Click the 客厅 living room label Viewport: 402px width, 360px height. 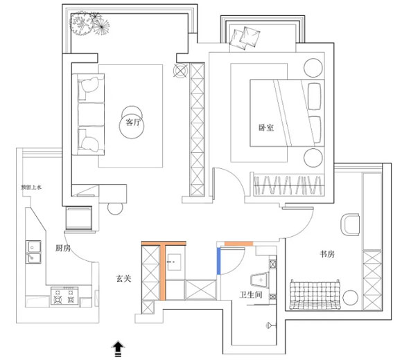(x=133, y=123)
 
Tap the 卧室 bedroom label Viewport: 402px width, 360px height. (x=266, y=127)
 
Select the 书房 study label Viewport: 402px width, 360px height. (x=327, y=254)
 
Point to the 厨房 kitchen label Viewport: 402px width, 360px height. (x=63, y=248)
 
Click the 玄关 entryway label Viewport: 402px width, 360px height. (x=124, y=278)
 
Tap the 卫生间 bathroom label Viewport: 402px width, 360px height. (x=251, y=295)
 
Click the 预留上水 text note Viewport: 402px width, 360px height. (x=31, y=187)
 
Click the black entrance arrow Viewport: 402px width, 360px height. (x=118, y=348)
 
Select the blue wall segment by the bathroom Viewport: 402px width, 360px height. (x=219, y=261)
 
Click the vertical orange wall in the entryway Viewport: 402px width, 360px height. (x=163, y=272)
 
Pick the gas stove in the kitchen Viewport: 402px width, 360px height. (x=64, y=296)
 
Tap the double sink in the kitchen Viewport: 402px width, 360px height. (x=33, y=252)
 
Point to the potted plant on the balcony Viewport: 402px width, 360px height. (x=89, y=24)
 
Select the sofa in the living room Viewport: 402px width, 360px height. (x=88, y=114)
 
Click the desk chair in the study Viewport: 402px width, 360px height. (x=350, y=224)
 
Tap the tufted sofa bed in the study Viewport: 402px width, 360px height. (x=315, y=295)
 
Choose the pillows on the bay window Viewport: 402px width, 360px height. (x=245, y=38)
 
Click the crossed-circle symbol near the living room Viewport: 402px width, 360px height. (x=180, y=70)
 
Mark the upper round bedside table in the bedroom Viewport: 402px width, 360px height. (x=313, y=68)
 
